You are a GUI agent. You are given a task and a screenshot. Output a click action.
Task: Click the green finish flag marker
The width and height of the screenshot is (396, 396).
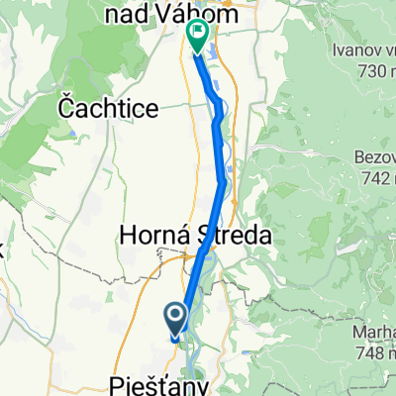pos(197,38)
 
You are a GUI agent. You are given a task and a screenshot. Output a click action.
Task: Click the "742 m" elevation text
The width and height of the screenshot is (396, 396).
pos(374,177)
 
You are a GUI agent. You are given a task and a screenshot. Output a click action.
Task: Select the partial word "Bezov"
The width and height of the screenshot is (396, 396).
pos(374,157)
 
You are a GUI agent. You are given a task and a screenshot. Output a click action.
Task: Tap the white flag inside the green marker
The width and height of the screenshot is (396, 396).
pos(198,35)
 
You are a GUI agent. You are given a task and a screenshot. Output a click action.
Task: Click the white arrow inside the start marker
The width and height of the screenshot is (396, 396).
pos(177,317)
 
